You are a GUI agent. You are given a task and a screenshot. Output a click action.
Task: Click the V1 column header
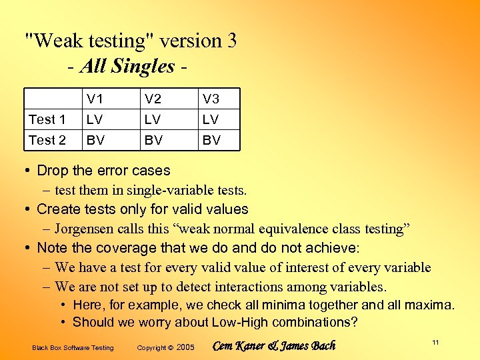[x=94, y=99]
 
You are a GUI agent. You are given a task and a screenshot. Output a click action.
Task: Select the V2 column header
[x=153, y=99]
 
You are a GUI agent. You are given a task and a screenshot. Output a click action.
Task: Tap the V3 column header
[x=211, y=99]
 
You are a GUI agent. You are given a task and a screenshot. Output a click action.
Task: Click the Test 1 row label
[x=47, y=120]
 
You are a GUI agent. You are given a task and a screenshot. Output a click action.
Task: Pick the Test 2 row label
[x=47, y=140]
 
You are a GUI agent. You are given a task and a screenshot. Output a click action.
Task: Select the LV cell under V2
[x=153, y=120]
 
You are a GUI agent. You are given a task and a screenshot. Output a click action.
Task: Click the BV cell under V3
[x=211, y=140]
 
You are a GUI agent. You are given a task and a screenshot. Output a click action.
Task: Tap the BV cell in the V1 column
[x=94, y=140]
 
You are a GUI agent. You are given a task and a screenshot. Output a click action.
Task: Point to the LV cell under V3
[x=211, y=120]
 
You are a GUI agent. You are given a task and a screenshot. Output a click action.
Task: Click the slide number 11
[x=435, y=343]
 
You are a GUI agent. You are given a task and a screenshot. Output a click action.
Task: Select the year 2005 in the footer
[x=186, y=347]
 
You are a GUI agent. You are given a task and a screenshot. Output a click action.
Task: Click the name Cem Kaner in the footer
[x=239, y=345]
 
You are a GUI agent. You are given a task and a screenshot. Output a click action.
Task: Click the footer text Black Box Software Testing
[x=73, y=347]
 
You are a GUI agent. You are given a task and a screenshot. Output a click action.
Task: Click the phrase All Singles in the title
[x=127, y=66]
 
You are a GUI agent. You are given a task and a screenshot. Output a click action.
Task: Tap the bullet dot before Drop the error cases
[x=28, y=171]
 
